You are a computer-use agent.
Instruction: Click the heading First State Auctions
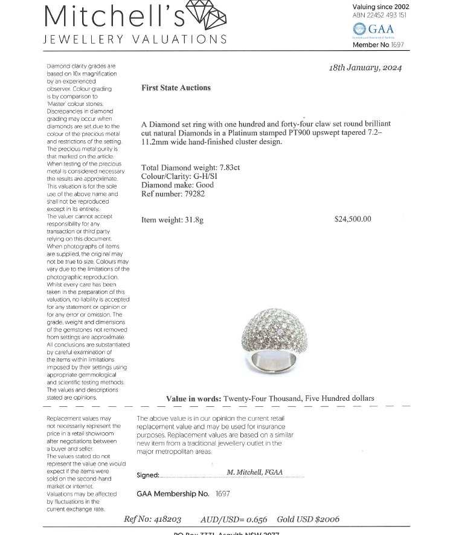pos(176,88)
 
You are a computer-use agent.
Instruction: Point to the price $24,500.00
pos(353,219)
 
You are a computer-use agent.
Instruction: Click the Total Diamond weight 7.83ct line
pos(190,167)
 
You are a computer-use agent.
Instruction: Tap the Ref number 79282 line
pos(173,194)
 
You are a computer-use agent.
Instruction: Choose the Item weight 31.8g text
pos(172,220)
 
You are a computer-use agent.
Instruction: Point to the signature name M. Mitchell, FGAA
pos(254,472)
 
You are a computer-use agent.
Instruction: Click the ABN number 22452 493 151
pos(379,15)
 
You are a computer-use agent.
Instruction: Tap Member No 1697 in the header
pos(377,45)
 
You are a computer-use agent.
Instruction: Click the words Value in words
pos(193,398)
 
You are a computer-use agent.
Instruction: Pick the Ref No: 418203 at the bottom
pos(152,519)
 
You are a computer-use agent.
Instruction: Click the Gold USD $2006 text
pos(308,519)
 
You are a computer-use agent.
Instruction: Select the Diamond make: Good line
pos(178,185)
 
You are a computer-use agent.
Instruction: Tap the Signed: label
pos(148,475)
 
